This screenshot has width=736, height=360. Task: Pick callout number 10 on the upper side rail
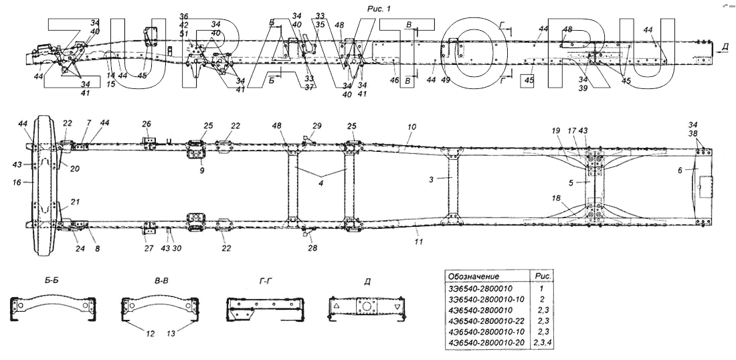pyautogui.click(x=411, y=126)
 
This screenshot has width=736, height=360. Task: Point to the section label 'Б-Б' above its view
pyautogui.click(x=51, y=281)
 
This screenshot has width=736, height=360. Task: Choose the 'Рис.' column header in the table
pyautogui.click(x=539, y=276)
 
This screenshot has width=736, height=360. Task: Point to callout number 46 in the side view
pyautogui.click(x=395, y=80)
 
